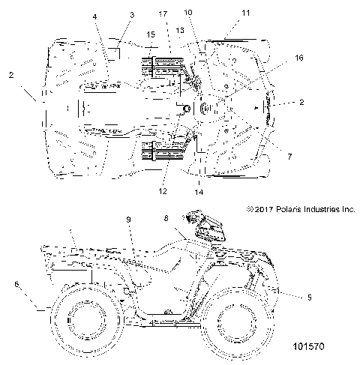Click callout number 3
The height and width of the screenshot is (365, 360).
pos(131,14)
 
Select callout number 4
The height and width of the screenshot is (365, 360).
pos(95,16)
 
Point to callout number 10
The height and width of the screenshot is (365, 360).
pos(187,12)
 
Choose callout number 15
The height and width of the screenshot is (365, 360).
pos(151,34)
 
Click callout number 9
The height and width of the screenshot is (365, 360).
pos(127,218)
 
